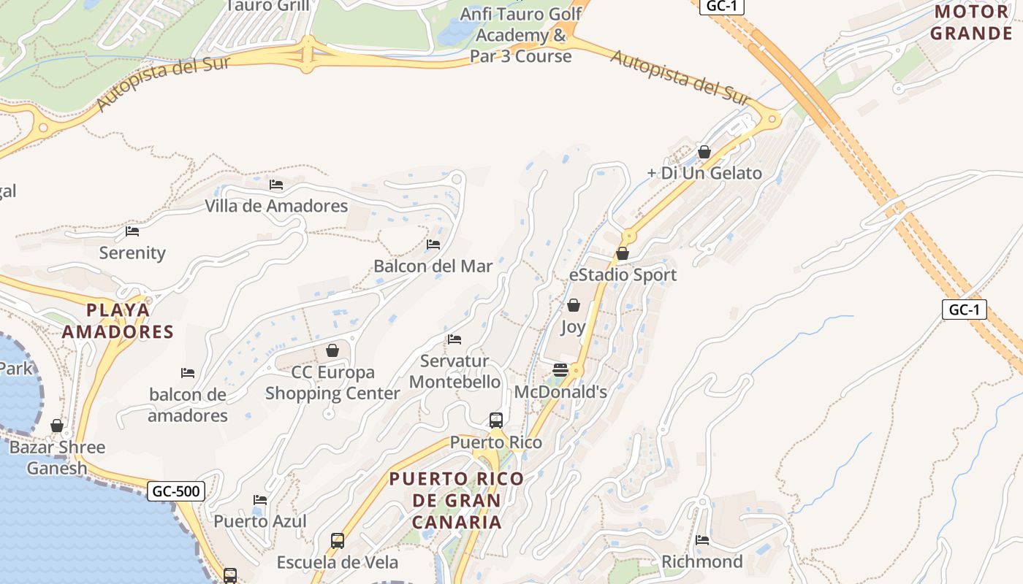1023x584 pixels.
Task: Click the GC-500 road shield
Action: (x=175, y=491)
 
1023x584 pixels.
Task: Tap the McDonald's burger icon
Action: (x=560, y=370)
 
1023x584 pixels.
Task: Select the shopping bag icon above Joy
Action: (x=574, y=305)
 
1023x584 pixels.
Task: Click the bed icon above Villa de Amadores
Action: (x=275, y=185)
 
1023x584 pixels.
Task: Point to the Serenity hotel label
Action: (x=132, y=253)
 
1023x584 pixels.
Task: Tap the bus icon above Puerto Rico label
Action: (x=496, y=420)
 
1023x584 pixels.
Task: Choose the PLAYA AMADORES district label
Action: (x=118, y=321)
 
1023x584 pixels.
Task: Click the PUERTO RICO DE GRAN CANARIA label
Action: (x=457, y=501)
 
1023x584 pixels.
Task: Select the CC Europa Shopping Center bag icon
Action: (x=332, y=351)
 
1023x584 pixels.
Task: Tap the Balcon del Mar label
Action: (x=433, y=266)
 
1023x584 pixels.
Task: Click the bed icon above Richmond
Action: (x=702, y=540)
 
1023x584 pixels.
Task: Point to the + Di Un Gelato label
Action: (x=704, y=174)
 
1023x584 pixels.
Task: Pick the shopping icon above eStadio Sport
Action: (x=623, y=254)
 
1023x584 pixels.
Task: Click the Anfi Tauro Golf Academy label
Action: (x=521, y=35)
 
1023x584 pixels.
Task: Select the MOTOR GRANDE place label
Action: (x=971, y=23)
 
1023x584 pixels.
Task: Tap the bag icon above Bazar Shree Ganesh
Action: (x=57, y=426)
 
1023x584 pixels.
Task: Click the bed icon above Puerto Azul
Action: (x=260, y=500)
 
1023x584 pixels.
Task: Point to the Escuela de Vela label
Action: (x=338, y=562)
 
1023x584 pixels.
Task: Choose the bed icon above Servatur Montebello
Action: (x=455, y=339)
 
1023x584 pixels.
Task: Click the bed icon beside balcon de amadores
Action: (x=188, y=373)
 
